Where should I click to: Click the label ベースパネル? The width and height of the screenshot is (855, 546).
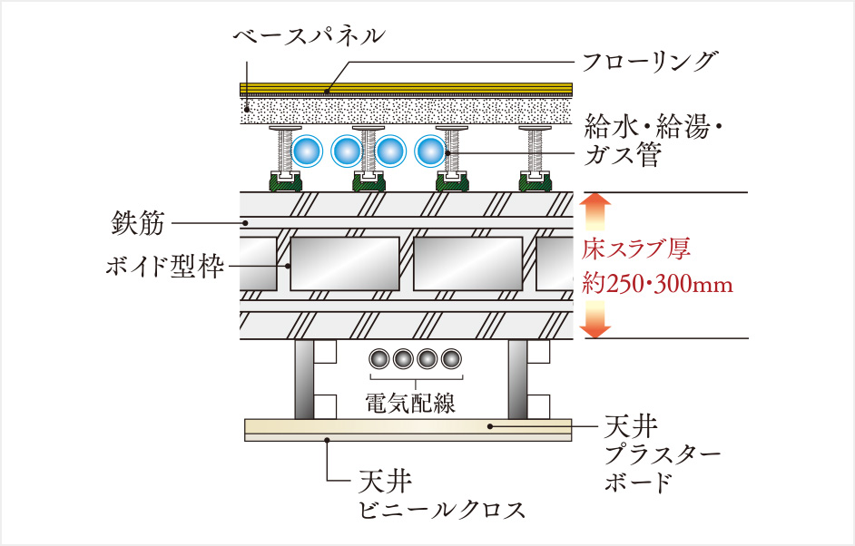309,36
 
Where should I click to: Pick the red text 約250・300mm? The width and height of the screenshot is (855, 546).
656,284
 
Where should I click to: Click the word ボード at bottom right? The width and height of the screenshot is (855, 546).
639,482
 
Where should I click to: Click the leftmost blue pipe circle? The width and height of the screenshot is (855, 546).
309,151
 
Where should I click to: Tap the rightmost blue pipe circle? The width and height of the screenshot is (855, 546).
430,151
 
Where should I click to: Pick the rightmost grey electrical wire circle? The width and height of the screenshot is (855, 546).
451,359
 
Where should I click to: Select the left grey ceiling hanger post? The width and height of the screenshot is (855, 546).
304,379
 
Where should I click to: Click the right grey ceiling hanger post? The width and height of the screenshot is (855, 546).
517,379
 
